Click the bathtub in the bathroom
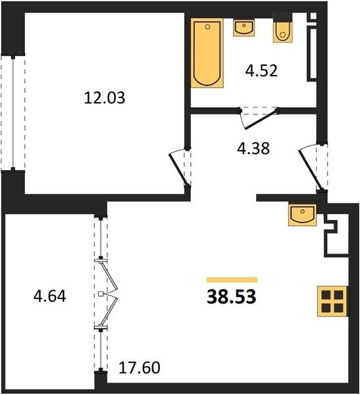click(x=207, y=53)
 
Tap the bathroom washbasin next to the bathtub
click(x=244, y=28)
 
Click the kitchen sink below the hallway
click(x=302, y=215)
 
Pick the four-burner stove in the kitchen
click(x=332, y=301)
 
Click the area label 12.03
click(x=105, y=97)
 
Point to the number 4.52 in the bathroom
click(x=261, y=71)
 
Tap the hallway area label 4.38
click(x=253, y=148)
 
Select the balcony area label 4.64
click(x=49, y=296)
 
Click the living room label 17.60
click(x=140, y=367)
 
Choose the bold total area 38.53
click(x=232, y=297)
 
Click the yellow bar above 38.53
click(x=232, y=280)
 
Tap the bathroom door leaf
click(x=261, y=119)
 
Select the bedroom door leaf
click(x=178, y=170)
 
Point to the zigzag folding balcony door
click(x=109, y=294)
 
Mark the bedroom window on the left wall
click(x=13, y=113)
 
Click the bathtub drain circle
click(x=207, y=27)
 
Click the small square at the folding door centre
click(x=101, y=294)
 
